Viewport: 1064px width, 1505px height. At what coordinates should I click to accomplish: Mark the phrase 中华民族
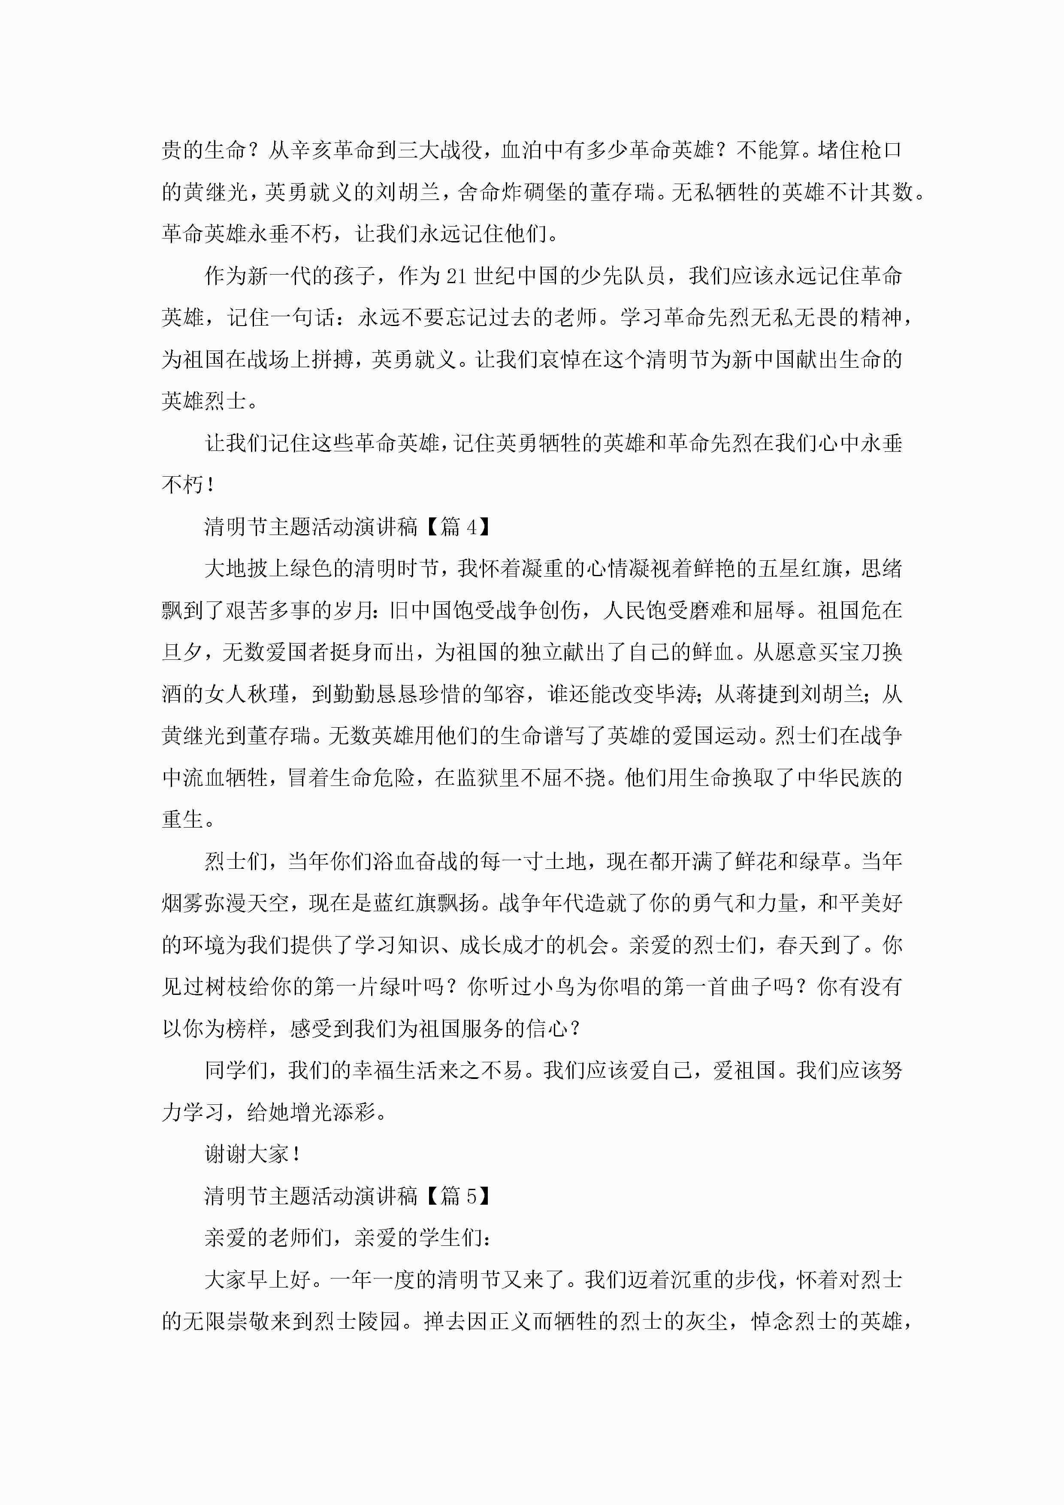click(849, 777)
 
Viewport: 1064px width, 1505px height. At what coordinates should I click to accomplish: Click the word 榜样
click(247, 1028)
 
